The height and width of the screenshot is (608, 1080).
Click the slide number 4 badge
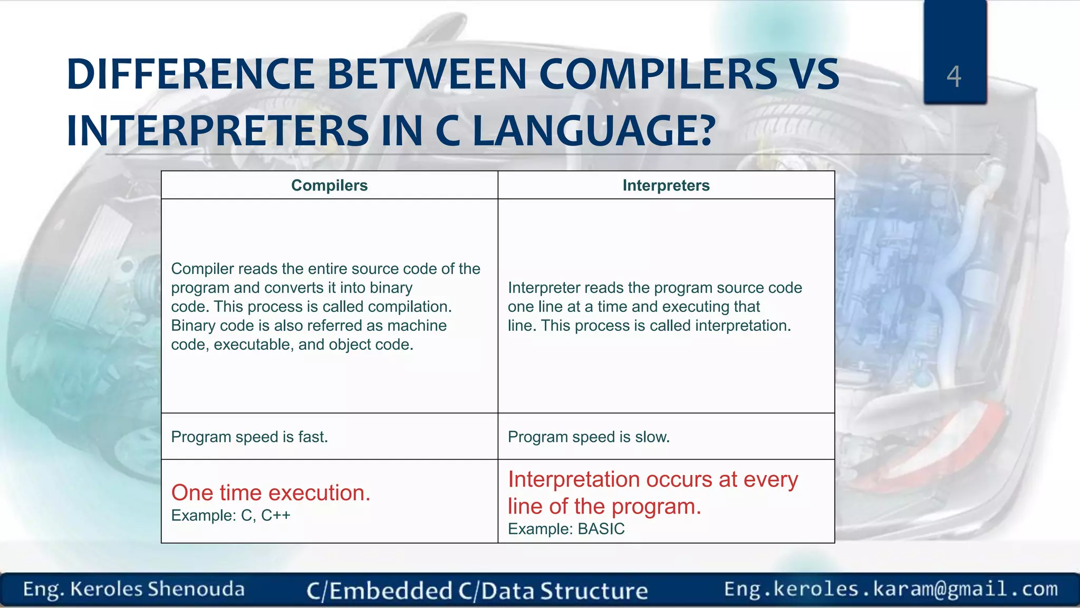pos(954,77)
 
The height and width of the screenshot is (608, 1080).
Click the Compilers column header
pos(329,185)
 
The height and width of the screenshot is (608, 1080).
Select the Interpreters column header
pos(666,185)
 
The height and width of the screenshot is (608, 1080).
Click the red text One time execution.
pos(271,492)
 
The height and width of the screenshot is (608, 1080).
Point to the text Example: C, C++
pos(230,515)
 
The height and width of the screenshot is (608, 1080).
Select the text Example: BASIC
pos(566,529)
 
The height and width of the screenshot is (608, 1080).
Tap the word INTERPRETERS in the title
pos(217,131)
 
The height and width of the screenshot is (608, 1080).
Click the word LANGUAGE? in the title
pos(594,131)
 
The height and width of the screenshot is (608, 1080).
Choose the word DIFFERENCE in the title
pos(190,74)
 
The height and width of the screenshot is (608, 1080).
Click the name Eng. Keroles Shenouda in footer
pos(133,589)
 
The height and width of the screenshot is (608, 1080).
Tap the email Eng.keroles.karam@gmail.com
pos(891,589)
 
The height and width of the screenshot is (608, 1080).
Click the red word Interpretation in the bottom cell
pos(574,479)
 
